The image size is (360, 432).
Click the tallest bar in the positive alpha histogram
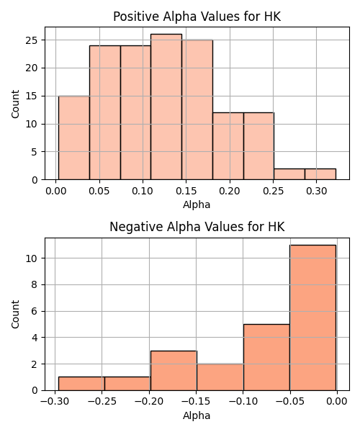(x=166, y=107)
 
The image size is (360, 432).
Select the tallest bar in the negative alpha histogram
(x=312, y=318)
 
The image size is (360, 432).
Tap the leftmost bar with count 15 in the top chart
(x=74, y=138)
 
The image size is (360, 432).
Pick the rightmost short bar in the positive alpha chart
(x=320, y=174)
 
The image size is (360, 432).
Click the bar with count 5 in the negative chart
(x=266, y=357)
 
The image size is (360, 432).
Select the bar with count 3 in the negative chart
(x=174, y=371)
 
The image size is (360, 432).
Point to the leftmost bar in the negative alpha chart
(x=81, y=384)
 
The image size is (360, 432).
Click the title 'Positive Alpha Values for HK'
(x=197, y=17)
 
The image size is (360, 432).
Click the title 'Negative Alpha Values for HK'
(x=197, y=227)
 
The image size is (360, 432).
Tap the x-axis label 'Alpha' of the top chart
(x=197, y=204)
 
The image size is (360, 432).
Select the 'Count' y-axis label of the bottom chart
(x=15, y=314)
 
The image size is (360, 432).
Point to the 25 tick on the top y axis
(x=32, y=40)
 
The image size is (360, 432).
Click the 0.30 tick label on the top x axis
(x=316, y=191)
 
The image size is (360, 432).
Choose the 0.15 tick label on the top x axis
(x=186, y=191)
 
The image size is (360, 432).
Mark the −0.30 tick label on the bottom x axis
(x=55, y=402)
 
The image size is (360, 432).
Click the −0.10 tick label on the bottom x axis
(x=243, y=402)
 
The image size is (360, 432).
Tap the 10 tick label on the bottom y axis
(x=32, y=258)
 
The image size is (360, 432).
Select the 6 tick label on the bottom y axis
(x=35, y=311)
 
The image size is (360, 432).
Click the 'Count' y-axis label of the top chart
(x=15, y=104)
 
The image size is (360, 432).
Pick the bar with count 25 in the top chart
(x=197, y=109)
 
